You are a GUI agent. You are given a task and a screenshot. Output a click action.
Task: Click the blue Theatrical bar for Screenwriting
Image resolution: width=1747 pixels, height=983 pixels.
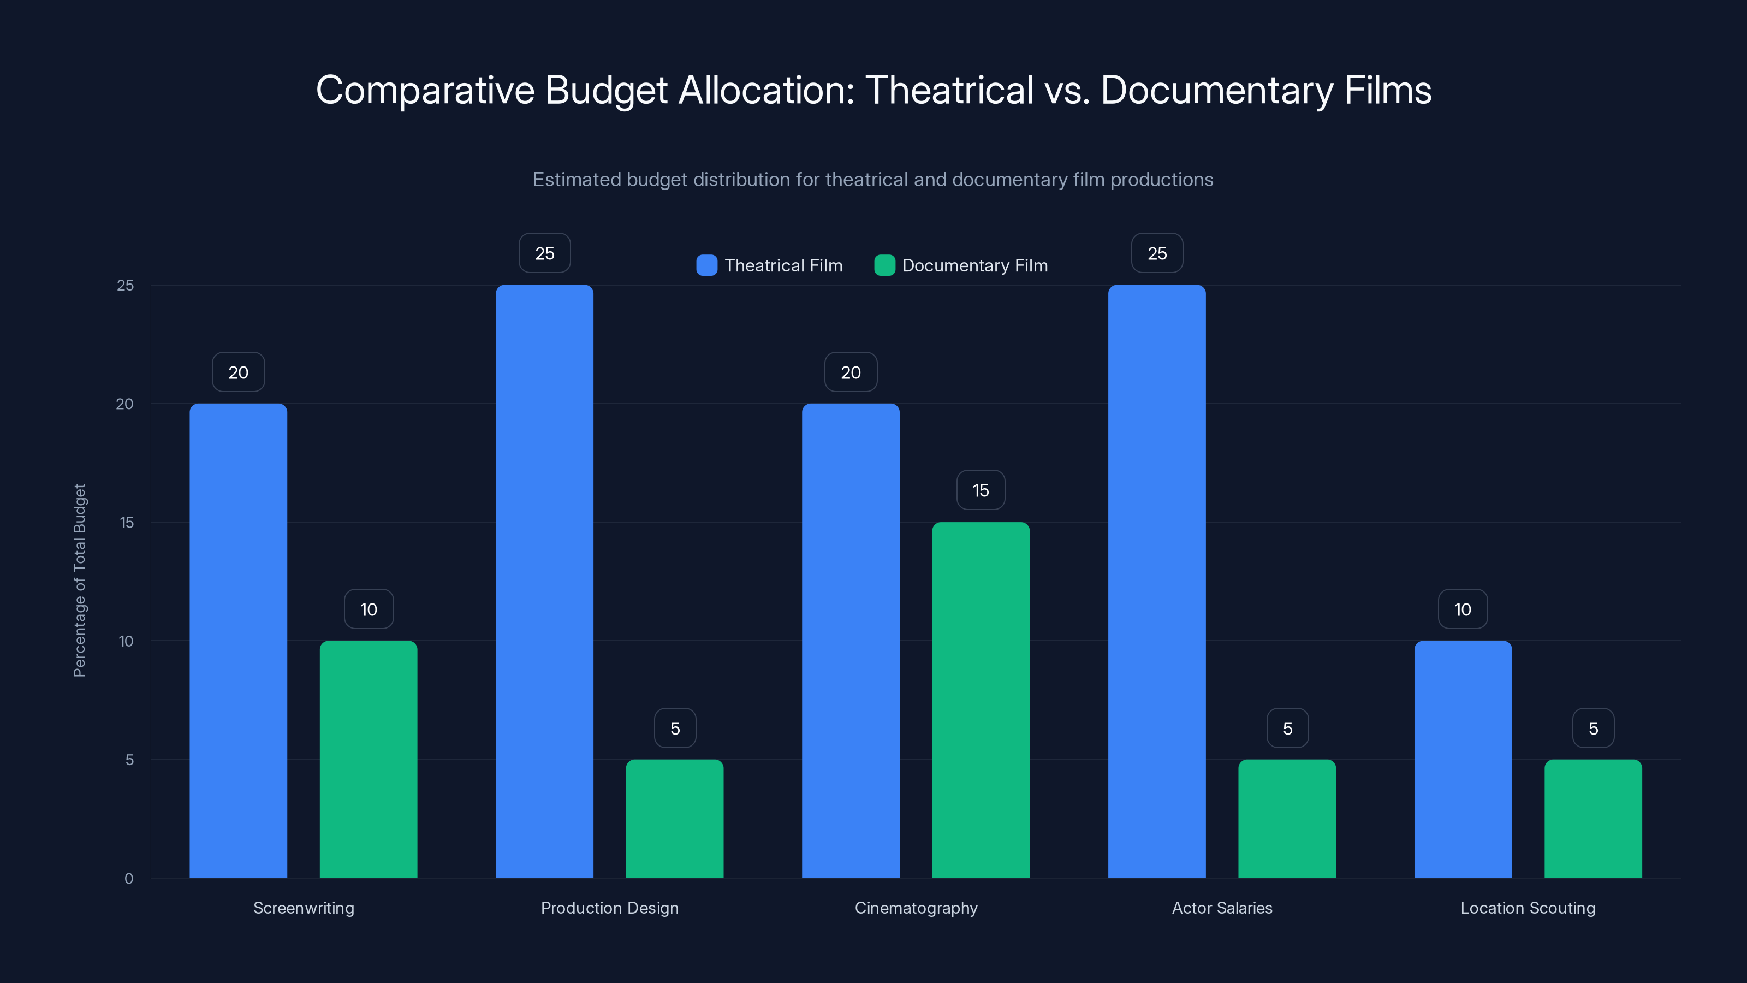click(238, 641)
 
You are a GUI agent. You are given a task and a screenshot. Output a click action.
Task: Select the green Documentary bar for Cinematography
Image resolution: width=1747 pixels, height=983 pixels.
click(981, 700)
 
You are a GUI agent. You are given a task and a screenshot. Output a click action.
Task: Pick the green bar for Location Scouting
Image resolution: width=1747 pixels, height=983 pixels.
click(1593, 818)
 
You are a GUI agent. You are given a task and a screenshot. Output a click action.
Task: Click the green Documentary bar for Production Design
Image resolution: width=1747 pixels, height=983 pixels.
click(674, 818)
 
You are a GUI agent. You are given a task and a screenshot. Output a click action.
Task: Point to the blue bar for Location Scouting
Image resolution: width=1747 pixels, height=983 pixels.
click(1463, 759)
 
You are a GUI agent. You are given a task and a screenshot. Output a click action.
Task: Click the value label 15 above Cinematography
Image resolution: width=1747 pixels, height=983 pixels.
click(981, 490)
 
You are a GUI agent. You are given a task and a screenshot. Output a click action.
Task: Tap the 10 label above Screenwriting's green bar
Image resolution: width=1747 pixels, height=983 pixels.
click(369, 609)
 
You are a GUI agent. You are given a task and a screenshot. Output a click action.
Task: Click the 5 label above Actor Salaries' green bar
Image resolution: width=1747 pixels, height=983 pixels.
click(1287, 729)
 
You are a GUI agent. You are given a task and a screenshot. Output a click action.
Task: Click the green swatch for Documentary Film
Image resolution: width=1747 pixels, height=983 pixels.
click(884, 265)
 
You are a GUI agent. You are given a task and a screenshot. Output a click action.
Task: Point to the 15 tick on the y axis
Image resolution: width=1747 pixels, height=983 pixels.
click(126, 523)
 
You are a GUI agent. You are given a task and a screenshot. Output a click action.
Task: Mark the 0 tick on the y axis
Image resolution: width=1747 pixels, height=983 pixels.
click(129, 879)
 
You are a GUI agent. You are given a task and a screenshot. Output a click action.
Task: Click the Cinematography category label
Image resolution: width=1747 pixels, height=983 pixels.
click(916, 908)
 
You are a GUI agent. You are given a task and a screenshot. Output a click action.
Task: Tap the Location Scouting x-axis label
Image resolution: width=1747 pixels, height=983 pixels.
click(1528, 908)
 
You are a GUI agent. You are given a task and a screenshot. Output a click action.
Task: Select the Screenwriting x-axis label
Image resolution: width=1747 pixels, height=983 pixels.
click(303, 908)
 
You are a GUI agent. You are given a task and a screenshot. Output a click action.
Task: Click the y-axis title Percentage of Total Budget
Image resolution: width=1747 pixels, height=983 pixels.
click(79, 580)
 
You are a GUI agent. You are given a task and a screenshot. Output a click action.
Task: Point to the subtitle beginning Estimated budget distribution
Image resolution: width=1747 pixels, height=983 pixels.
click(873, 180)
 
